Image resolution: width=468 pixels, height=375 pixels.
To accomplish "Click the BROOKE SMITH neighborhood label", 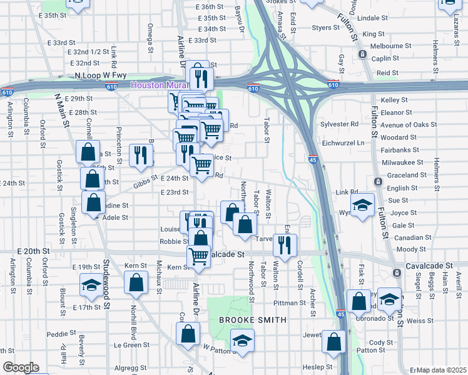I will (x=252, y=320).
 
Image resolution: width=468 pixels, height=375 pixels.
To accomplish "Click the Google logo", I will (x=20, y=367).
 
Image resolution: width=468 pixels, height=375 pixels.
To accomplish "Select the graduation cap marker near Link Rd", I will (x=362, y=206).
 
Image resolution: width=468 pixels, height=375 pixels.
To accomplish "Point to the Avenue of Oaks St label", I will (x=409, y=125).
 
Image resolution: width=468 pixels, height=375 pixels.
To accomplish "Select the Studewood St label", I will (x=106, y=288).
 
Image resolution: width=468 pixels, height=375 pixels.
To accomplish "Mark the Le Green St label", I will (x=127, y=344).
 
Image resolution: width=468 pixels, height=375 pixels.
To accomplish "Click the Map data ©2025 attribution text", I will (x=441, y=370).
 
